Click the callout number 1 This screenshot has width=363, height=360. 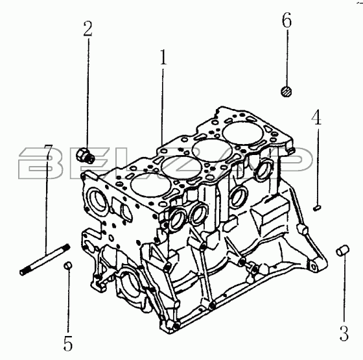(163, 57)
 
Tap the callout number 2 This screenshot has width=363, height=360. (88, 29)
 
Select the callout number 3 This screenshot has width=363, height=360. (344, 333)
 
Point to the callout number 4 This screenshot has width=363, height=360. (316, 117)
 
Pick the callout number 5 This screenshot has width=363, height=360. (68, 343)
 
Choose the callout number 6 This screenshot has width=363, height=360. (287, 20)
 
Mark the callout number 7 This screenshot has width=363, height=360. (49, 152)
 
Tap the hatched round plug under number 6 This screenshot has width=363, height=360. (286, 91)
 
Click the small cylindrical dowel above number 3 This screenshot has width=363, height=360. (343, 250)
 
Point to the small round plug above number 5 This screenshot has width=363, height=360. (68, 265)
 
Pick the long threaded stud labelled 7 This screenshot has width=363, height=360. (45, 259)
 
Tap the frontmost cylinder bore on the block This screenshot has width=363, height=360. (152, 186)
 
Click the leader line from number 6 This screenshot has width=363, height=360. (287, 58)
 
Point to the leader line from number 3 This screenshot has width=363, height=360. (344, 289)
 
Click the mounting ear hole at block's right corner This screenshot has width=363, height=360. (314, 267)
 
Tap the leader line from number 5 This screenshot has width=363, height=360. (68, 301)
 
